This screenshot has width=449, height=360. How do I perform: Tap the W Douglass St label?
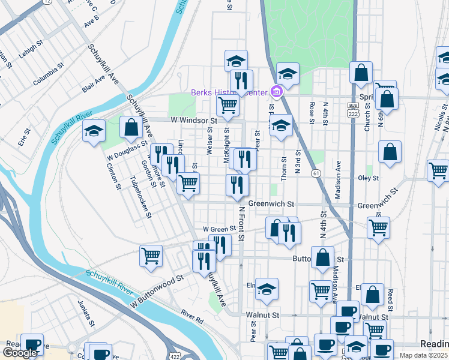click(x=127, y=150)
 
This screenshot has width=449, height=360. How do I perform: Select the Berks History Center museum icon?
click(x=277, y=92)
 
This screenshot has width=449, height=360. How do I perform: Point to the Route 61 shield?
click(x=315, y=173)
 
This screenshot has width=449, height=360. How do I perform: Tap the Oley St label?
click(x=368, y=178)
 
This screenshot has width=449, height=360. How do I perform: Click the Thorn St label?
click(x=285, y=167)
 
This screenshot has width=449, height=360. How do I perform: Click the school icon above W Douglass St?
click(x=94, y=130)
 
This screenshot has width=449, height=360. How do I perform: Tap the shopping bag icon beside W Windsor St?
click(x=131, y=127)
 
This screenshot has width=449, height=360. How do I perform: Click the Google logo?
click(x=20, y=353)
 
